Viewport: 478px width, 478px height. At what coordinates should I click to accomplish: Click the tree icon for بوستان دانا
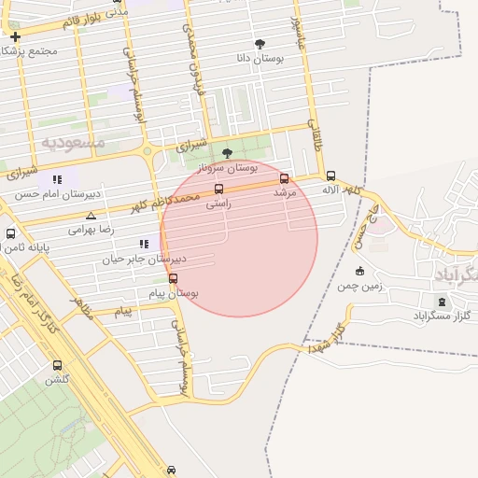[x=260, y=44]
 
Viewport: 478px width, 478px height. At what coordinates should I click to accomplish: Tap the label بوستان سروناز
[x=228, y=168]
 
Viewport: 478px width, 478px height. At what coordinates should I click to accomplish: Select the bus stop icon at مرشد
[x=285, y=178]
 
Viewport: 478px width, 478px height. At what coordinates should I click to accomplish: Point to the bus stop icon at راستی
[x=218, y=189]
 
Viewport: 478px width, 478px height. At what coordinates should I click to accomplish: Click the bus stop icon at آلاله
[x=330, y=175]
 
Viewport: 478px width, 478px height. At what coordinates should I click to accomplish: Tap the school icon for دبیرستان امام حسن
[x=56, y=179]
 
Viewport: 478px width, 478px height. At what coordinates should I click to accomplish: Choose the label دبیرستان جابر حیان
[x=144, y=259]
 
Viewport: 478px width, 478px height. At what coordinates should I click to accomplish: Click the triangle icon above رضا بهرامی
[x=91, y=216]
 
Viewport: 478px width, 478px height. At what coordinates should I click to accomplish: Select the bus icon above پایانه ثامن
[x=10, y=233]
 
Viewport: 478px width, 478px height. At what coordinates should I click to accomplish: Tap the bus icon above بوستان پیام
[x=173, y=278]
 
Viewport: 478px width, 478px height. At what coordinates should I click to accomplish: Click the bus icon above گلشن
[x=58, y=366]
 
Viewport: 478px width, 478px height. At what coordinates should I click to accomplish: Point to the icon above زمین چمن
[x=359, y=272]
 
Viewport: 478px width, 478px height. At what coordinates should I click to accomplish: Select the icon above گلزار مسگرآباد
[x=442, y=302]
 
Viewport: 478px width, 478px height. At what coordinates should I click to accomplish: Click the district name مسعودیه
[x=73, y=142]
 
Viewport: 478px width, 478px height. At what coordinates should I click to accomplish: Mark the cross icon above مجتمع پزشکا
[x=15, y=36]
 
